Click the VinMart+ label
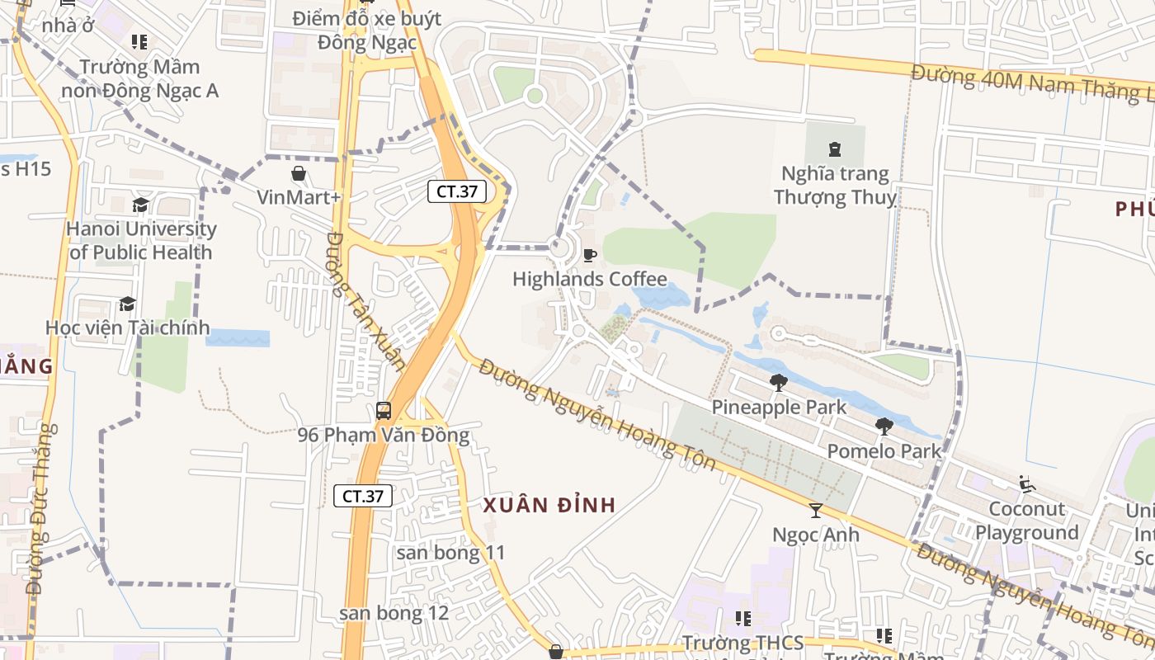[299, 197]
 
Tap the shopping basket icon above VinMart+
[298, 173]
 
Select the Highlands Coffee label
[590, 279]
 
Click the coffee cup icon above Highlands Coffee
[589, 255]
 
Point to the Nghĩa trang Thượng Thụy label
[834, 186]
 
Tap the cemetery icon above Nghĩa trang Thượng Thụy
[834, 149]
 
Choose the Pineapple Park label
[779, 407]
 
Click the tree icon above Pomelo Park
[884, 427]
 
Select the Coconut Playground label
[1027, 521]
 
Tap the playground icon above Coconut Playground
[1027, 484]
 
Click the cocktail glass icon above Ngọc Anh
[816, 511]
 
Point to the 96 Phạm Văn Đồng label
[384, 435]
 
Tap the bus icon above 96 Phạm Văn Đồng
[384, 410]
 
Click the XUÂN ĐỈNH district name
[549, 505]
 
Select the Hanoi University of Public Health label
[141, 241]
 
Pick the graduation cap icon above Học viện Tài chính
[127, 304]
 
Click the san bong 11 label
[450, 553]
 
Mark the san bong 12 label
[394, 613]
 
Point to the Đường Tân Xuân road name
[365, 301]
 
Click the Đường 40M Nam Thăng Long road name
[1031, 83]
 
